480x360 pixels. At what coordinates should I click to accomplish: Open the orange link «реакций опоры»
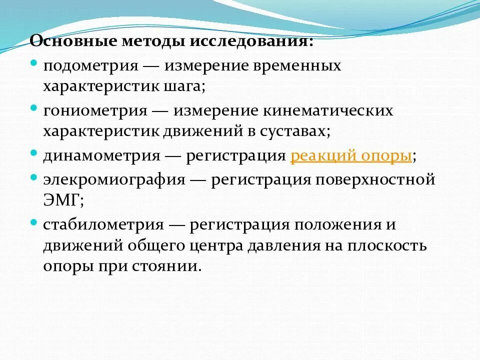click(351, 156)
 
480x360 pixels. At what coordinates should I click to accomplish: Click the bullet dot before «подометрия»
click(33, 63)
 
